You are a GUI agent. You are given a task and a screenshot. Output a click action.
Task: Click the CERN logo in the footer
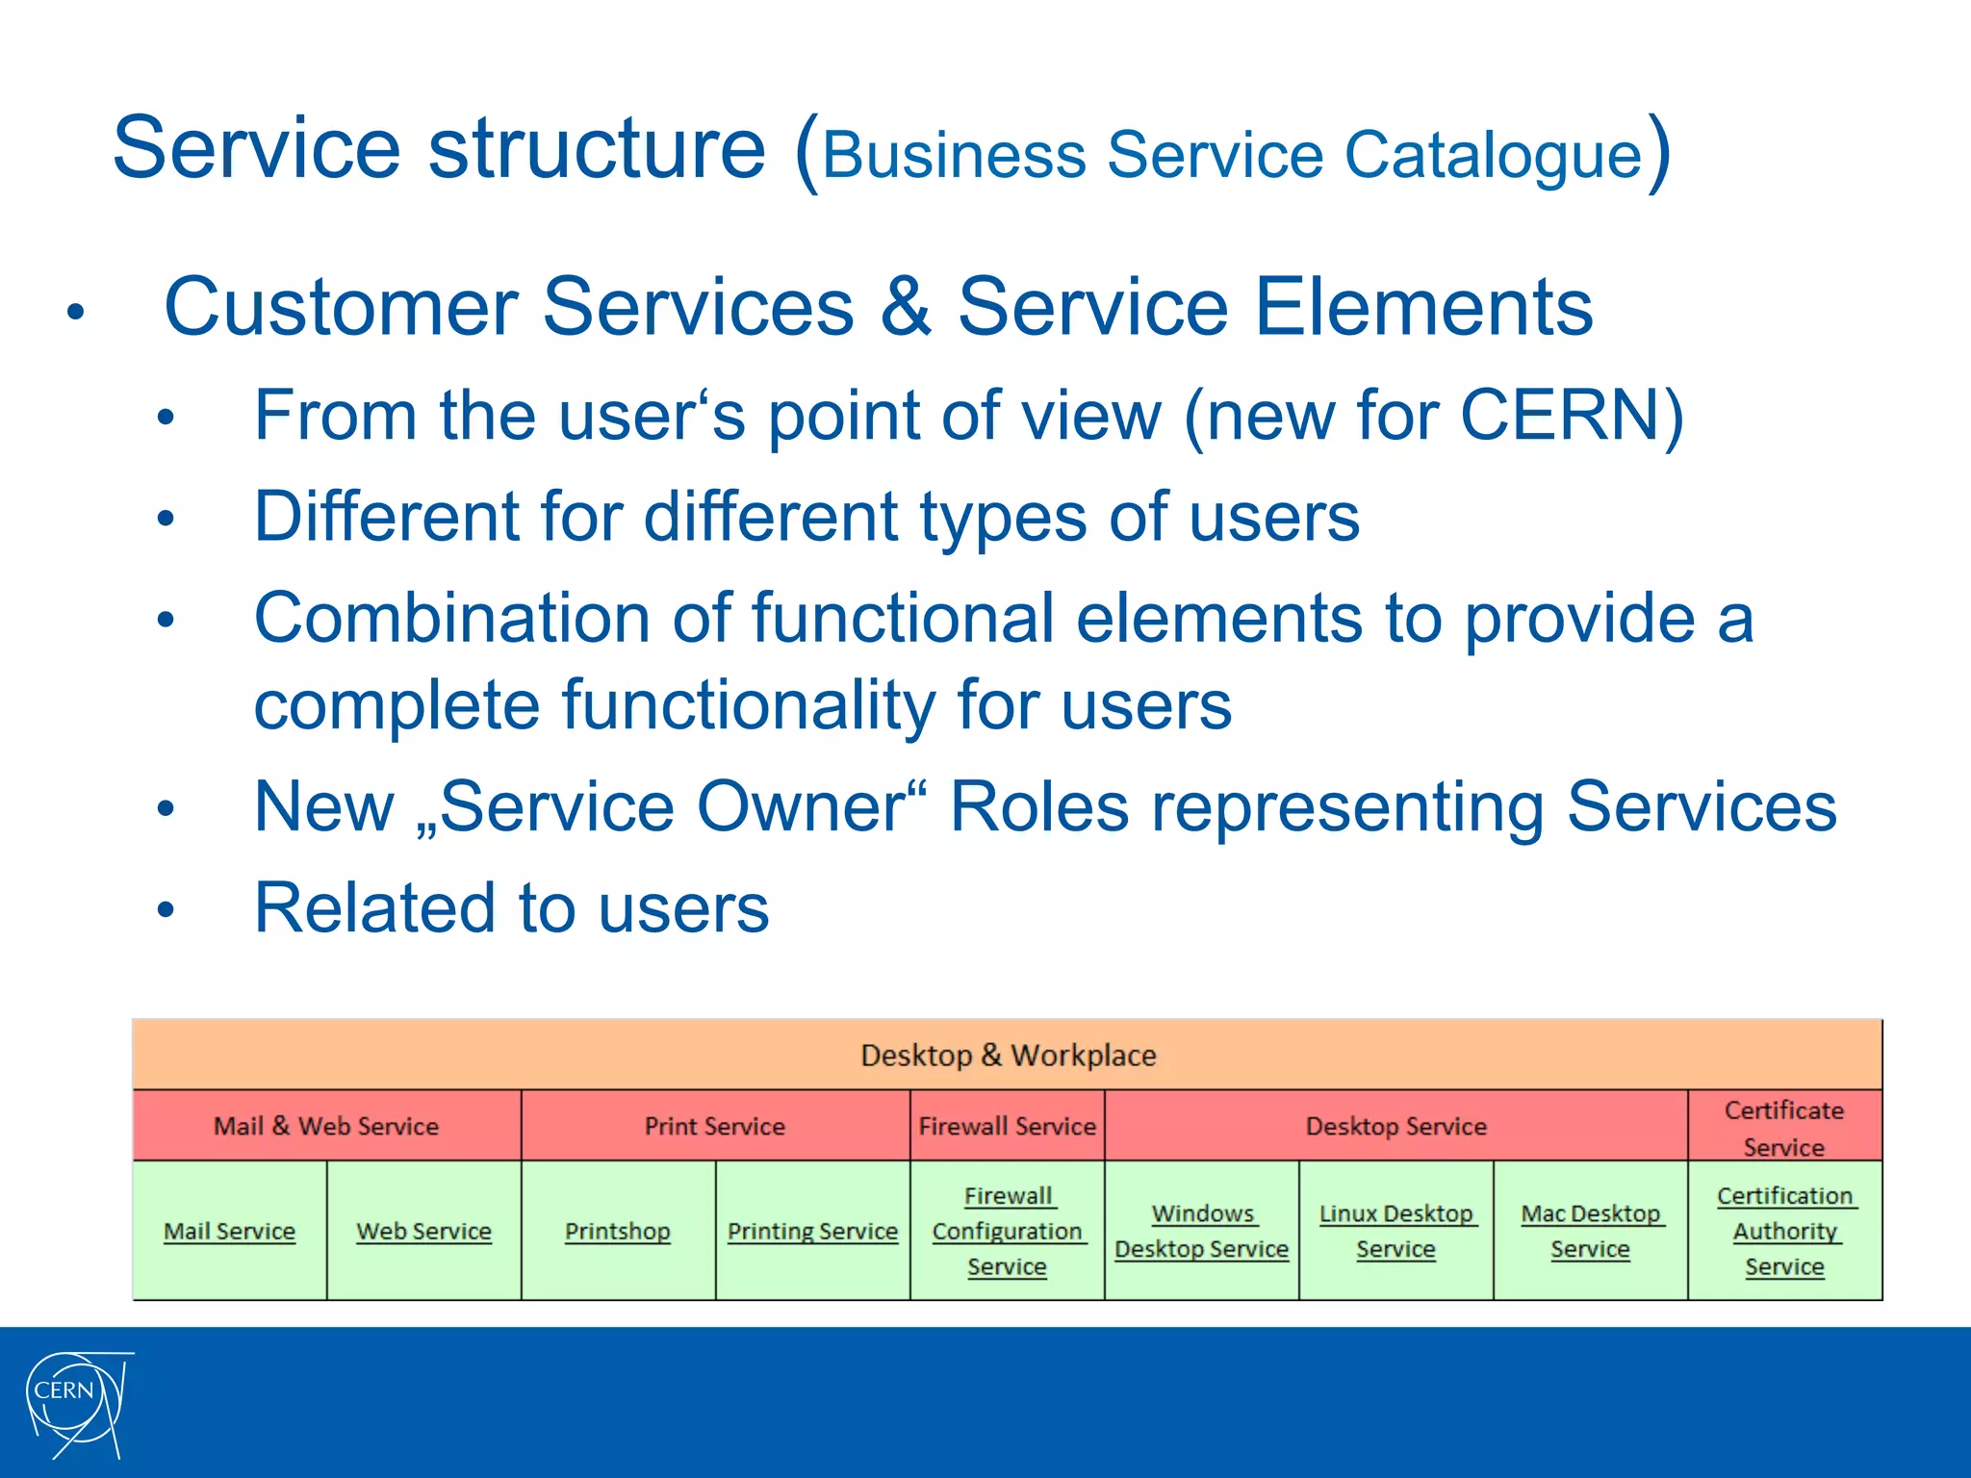[x=77, y=1402]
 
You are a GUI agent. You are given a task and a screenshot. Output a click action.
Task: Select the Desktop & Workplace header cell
[x=1008, y=1056]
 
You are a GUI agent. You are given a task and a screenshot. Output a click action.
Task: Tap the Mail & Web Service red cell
[x=326, y=1126]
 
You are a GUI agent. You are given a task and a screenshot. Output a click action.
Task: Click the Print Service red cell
[x=715, y=1126]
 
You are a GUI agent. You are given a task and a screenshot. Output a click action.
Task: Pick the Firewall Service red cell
[x=1007, y=1126]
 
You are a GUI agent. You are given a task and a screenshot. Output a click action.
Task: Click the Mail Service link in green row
[x=229, y=1232]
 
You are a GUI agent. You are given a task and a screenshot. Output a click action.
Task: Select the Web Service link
[x=423, y=1232]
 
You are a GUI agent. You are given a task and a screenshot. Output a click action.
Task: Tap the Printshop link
[x=617, y=1232]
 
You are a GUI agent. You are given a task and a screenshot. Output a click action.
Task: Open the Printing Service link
[x=812, y=1232]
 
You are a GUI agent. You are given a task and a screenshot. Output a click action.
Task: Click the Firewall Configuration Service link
[x=1007, y=1232]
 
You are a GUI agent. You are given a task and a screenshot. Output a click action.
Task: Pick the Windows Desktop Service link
[x=1201, y=1232]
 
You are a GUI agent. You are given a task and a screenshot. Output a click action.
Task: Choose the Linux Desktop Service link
[x=1395, y=1232]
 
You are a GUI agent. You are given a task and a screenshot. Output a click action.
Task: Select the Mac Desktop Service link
[x=1590, y=1232]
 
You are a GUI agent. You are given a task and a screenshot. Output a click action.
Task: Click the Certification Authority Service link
[x=1784, y=1232]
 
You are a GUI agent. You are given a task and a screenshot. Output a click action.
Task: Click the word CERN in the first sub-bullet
[x=1560, y=416]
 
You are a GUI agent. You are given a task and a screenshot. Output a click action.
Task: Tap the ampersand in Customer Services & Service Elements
[x=906, y=307]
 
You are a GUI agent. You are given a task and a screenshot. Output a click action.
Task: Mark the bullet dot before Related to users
[x=166, y=909]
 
